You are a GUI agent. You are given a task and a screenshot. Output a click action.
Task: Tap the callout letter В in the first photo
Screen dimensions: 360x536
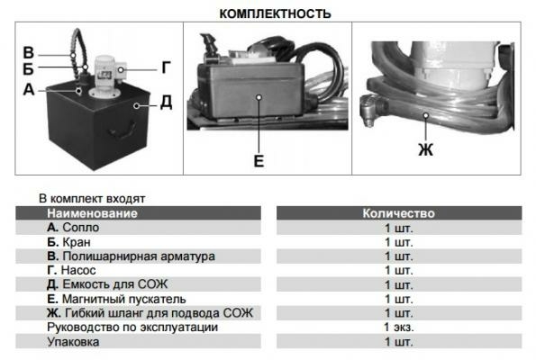[x=28, y=50]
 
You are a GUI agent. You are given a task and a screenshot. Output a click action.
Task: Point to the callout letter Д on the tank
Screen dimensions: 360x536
[x=165, y=103]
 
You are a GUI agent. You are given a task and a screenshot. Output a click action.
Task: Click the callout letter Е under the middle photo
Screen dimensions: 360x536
[x=259, y=162]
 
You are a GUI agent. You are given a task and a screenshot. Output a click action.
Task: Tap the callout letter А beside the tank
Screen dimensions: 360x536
[x=28, y=89]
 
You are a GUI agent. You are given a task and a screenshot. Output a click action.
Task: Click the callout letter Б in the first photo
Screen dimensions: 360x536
[x=28, y=69]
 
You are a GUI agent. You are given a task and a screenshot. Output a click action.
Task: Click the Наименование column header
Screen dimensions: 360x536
[x=92, y=214]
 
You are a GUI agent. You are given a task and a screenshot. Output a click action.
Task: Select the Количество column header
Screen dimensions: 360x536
[x=398, y=214]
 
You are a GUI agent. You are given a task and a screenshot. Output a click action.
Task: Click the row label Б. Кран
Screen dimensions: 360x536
[x=68, y=242]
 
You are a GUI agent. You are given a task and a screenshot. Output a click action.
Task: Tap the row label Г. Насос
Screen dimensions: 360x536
[x=71, y=270]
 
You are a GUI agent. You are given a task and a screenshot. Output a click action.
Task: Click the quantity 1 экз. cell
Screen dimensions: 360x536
[x=398, y=328]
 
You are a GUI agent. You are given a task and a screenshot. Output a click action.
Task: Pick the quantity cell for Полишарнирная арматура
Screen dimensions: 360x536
[x=398, y=256]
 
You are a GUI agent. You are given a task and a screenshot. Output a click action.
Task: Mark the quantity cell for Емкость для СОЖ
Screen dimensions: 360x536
[x=398, y=284]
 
